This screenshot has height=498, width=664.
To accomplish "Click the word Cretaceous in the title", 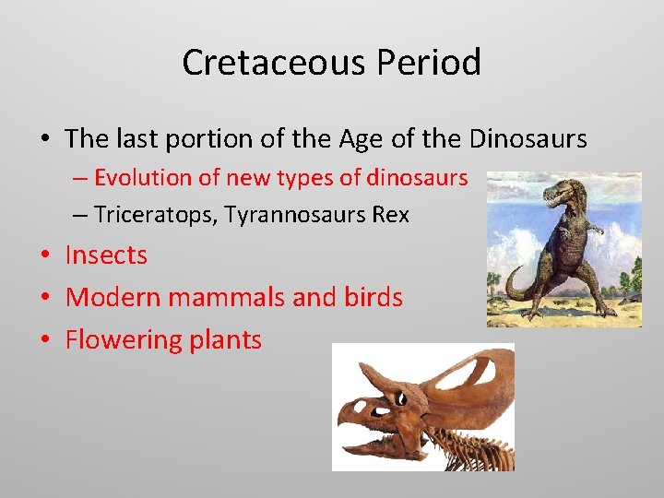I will pos(272,63).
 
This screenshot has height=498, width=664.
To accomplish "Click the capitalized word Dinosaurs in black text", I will pos(528,139).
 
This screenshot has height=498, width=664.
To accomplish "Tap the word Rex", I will pos(390,216).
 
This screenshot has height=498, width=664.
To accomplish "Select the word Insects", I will pos(106,255).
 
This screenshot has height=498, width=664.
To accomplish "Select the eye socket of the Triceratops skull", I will pos(400,398).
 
